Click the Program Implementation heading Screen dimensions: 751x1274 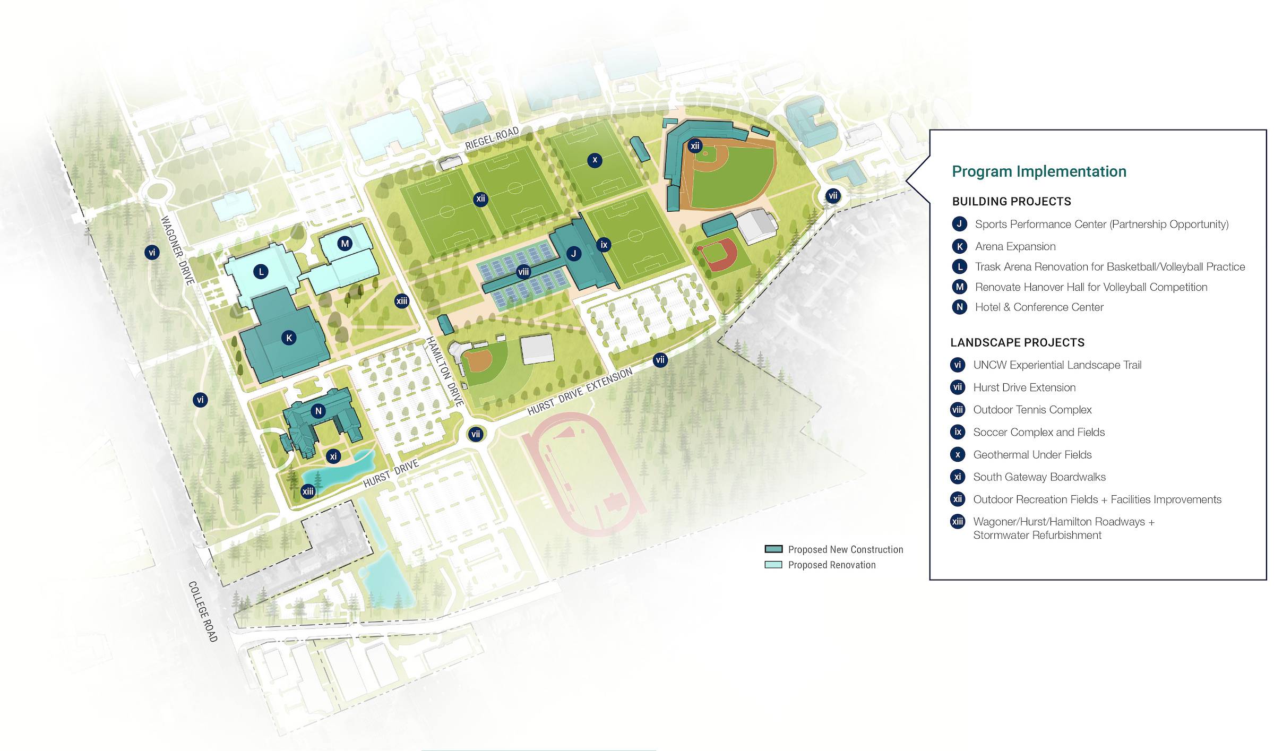(1039, 171)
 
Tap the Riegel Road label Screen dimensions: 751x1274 (492, 139)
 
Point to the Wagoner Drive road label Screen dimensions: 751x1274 (177, 250)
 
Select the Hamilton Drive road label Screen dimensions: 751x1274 (445, 371)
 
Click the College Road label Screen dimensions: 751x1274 (203, 611)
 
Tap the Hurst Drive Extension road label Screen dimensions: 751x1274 (580, 391)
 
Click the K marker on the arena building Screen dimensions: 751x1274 (289, 338)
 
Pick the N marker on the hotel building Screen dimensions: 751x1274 (318, 411)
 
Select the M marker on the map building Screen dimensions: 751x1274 (345, 244)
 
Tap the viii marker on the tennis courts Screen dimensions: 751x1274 (523, 272)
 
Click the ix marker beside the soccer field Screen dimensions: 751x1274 (604, 245)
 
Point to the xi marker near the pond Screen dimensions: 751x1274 (333, 456)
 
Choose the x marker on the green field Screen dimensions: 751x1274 (595, 160)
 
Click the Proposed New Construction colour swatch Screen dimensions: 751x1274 (773, 549)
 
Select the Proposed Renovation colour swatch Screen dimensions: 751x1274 (773, 565)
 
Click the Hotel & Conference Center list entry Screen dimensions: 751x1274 (1039, 307)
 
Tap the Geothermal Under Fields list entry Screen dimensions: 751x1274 (1032, 454)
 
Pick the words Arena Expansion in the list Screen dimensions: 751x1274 (1015, 246)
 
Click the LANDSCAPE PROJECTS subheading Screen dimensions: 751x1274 (1017, 342)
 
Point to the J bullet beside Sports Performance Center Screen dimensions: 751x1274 (959, 224)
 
